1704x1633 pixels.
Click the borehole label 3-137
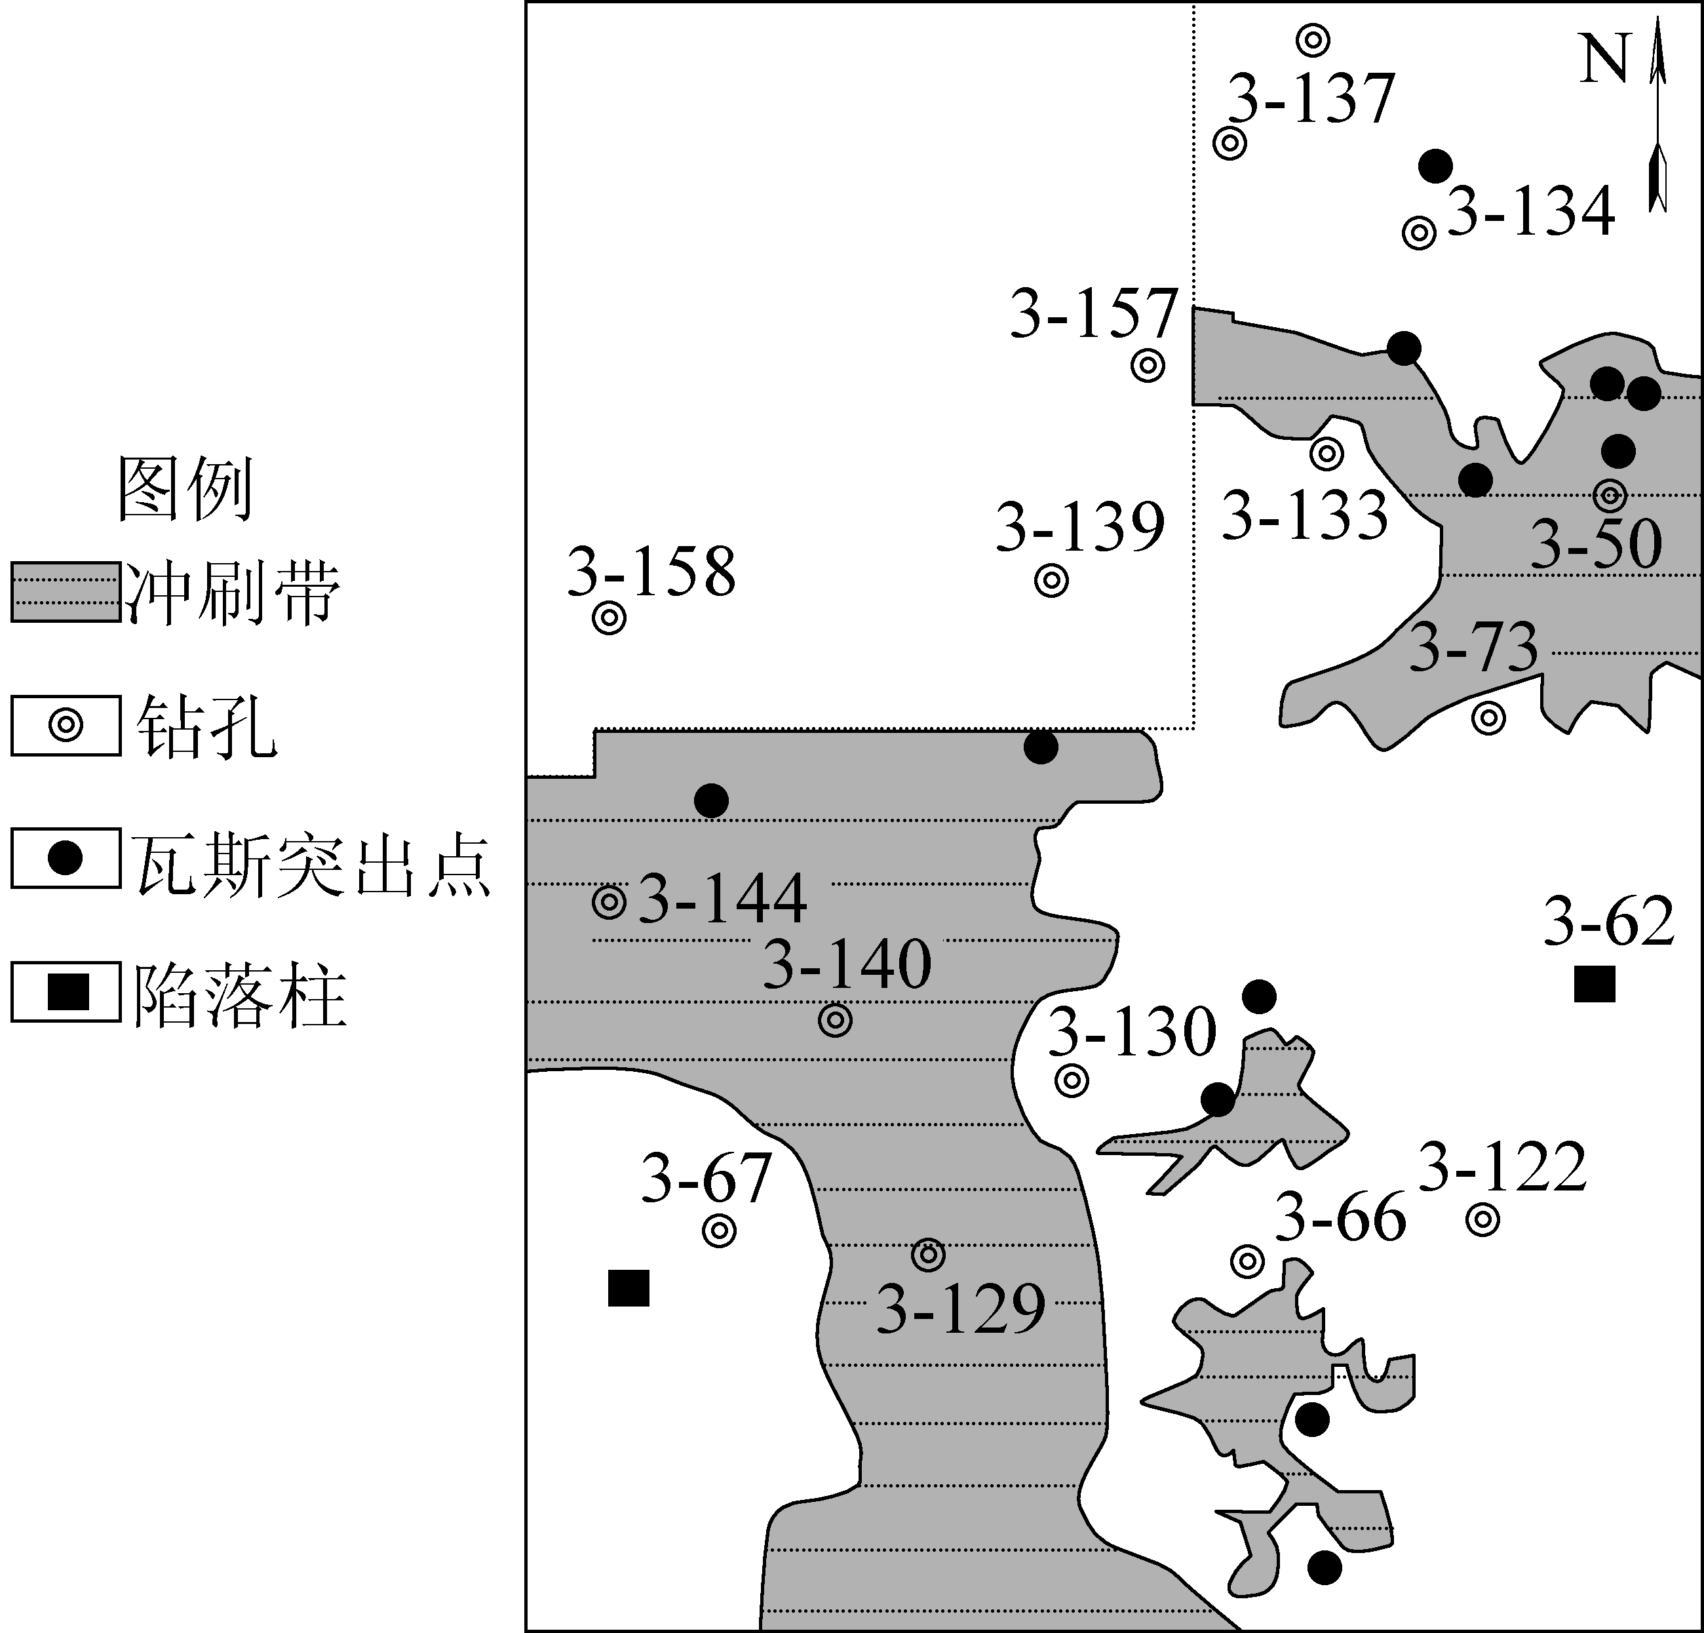1310,98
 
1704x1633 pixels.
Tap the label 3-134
1531,210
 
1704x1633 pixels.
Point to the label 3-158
651,571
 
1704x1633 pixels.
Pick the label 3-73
1473,647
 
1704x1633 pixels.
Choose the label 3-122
1502,1166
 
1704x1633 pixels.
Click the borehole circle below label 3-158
610,619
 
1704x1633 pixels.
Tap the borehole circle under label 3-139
1052,581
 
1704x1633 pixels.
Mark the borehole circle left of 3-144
610,903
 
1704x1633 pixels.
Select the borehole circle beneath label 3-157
1148,366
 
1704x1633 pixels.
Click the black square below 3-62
1595,984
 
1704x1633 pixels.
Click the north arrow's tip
1658,18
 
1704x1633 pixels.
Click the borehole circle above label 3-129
929,1255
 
